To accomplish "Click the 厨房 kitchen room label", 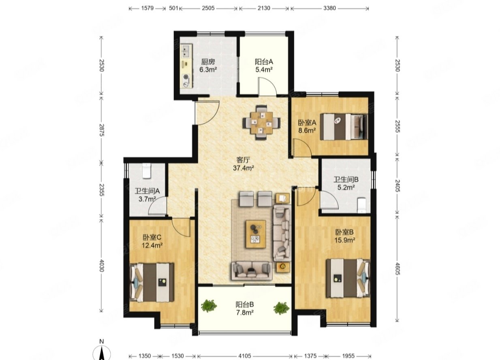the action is pyautogui.click(x=208, y=62).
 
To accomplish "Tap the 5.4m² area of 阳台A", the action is pyautogui.click(x=264, y=70).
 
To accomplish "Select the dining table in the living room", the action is pyautogui.click(x=262, y=123).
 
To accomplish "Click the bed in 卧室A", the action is pyautogui.click(x=344, y=127).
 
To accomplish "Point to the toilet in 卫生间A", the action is pyautogui.click(x=147, y=171).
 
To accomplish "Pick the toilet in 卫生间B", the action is pyautogui.click(x=361, y=205).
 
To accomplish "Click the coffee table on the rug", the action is pyautogui.click(x=256, y=234).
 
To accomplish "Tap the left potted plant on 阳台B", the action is pyautogui.click(x=209, y=306).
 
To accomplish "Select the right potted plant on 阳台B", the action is pyautogui.click(x=281, y=308).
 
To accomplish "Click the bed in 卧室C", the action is pyautogui.click(x=152, y=282).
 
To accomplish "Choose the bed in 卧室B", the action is pyautogui.click(x=348, y=278).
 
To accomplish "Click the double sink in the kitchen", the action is pyautogui.click(x=186, y=51).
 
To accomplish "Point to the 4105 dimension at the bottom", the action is pyautogui.click(x=245, y=356).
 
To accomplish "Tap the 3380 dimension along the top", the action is pyautogui.click(x=329, y=8).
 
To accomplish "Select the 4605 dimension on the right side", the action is pyautogui.click(x=397, y=269).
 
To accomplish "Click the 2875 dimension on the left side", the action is pyautogui.click(x=101, y=130).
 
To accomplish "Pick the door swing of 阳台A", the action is pyautogui.click(x=267, y=87).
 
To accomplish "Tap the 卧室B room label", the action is pyautogui.click(x=344, y=232).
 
